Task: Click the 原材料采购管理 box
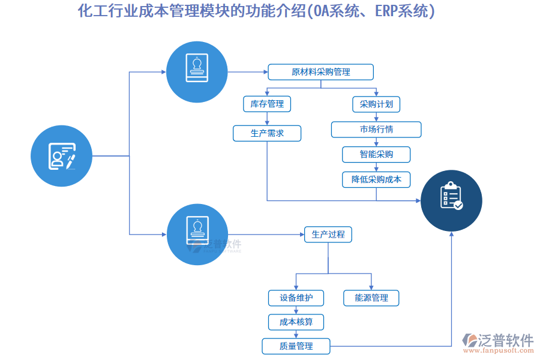(320, 72)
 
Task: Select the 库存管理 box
(267, 104)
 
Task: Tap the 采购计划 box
(376, 104)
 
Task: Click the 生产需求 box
(267, 133)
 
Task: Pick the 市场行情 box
(376, 130)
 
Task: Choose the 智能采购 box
(376, 154)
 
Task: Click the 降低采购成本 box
(376, 179)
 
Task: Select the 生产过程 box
(328, 235)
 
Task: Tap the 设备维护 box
(296, 298)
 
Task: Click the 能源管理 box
(371, 298)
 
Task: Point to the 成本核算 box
(296, 322)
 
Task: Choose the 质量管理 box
(296, 346)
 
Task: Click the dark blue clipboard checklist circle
(451, 200)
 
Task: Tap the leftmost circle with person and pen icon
(61, 155)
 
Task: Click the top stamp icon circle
(197, 71)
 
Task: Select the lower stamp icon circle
(197, 234)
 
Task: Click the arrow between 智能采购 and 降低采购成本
(376, 167)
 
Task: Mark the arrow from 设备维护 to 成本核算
(296, 310)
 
